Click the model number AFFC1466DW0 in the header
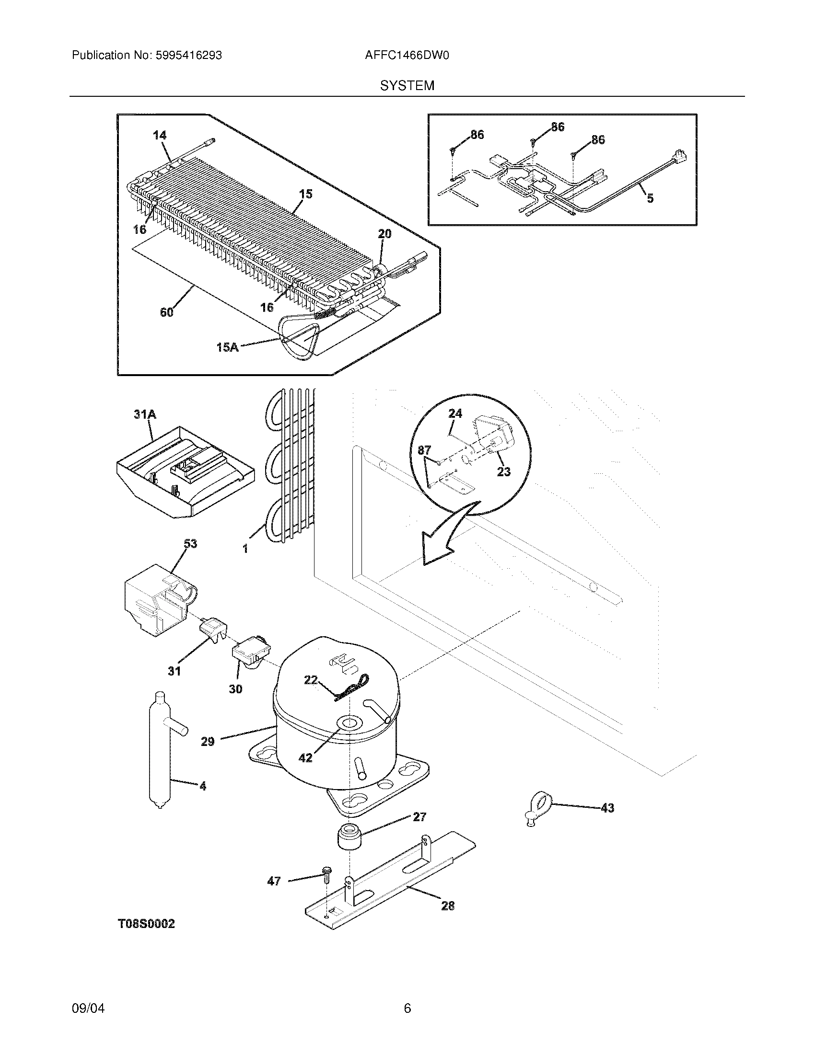point(407,56)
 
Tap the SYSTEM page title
point(407,86)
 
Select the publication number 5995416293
point(189,56)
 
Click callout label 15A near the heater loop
point(227,346)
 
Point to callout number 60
point(166,312)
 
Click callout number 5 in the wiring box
point(650,198)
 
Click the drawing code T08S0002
point(146,924)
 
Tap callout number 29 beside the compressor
point(208,741)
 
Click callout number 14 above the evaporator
point(160,136)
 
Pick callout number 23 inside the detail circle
point(503,471)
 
